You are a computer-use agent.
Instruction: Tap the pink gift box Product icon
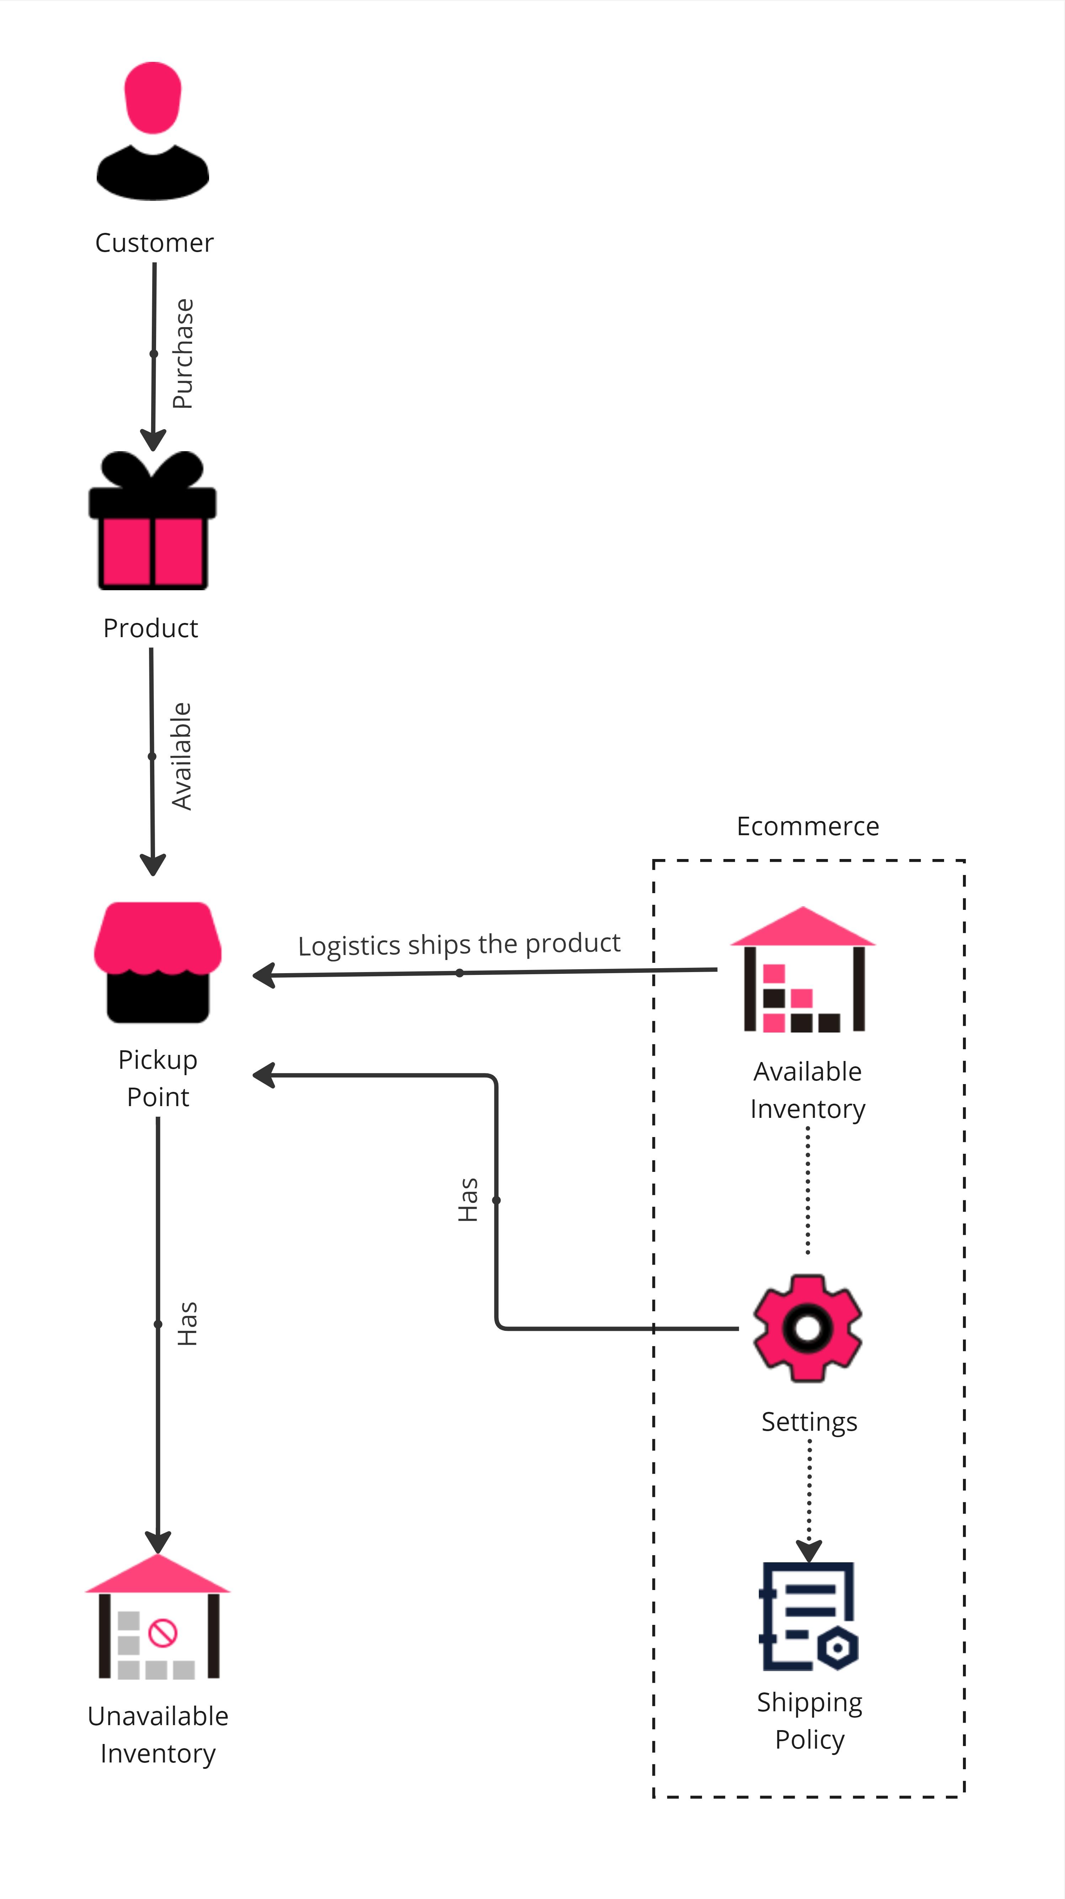[x=153, y=521]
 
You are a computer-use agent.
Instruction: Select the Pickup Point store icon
[x=158, y=962]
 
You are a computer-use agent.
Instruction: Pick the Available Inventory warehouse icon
[x=803, y=969]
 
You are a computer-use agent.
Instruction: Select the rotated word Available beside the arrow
[x=181, y=756]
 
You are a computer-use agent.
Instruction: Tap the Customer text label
[x=154, y=242]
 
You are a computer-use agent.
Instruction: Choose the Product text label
[x=150, y=628]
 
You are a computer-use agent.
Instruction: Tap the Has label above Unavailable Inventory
[x=187, y=1324]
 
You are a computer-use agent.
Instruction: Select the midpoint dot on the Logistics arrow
[x=459, y=973]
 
